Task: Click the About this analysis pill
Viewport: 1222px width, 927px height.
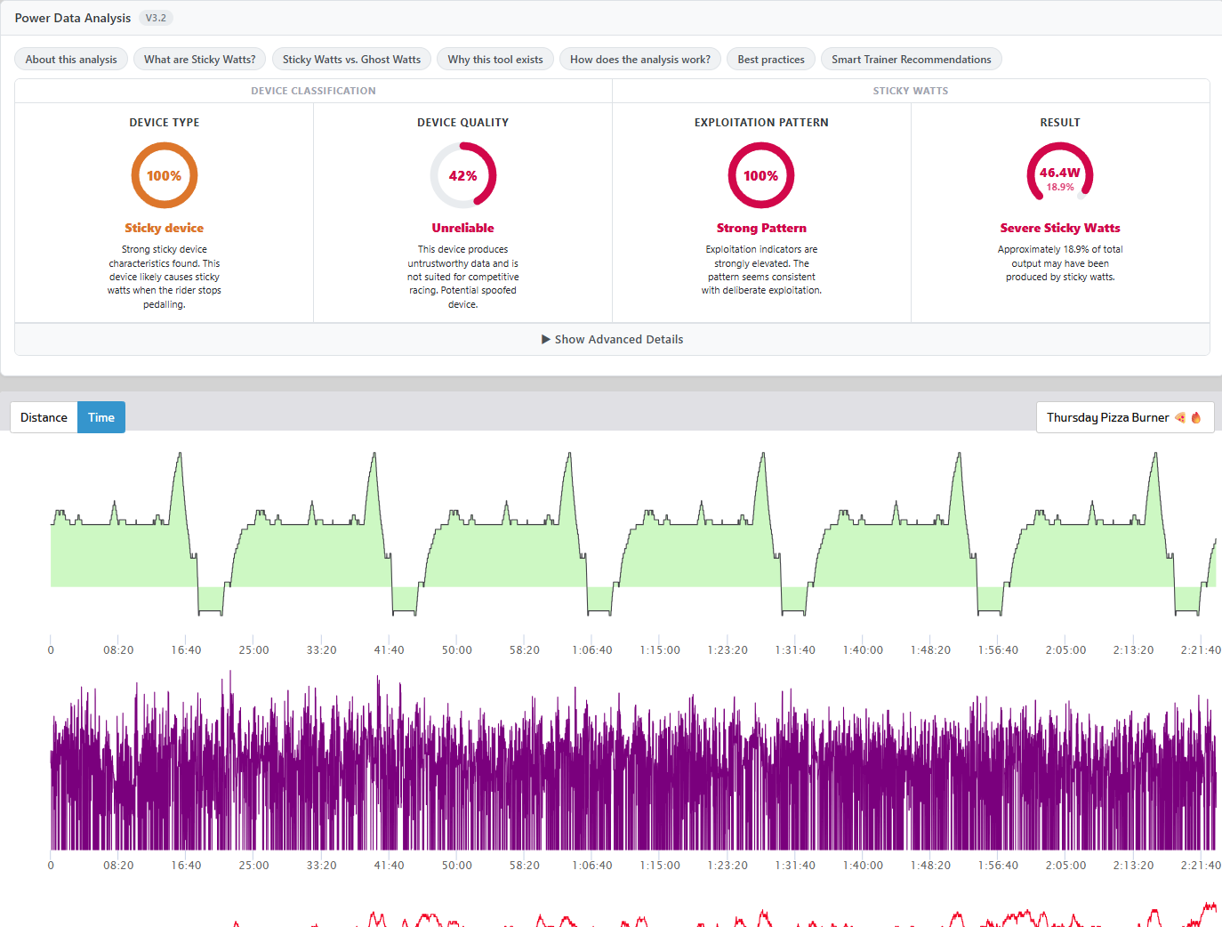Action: coord(70,60)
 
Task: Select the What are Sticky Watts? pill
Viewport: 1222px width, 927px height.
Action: coord(199,60)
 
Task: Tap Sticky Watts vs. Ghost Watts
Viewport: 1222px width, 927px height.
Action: coord(351,60)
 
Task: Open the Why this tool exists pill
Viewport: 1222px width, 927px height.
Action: coord(494,60)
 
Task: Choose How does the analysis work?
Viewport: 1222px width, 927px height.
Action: coord(639,60)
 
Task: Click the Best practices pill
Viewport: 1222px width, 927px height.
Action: coord(770,60)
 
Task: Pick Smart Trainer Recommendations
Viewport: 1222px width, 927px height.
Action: coord(911,60)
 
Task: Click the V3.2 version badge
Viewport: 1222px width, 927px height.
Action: coord(156,18)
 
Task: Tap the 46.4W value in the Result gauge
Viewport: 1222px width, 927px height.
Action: coord(1059,173)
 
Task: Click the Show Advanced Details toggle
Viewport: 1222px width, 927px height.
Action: coord(612,339)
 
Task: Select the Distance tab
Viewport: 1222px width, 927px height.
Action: coord(44,417)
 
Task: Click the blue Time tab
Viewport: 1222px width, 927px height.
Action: coord(100,417)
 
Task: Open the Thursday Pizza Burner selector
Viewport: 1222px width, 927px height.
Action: coord(1124,417)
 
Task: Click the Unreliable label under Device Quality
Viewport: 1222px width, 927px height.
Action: coord(462,228)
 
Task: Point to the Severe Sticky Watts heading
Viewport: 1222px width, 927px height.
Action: coord(1060,228)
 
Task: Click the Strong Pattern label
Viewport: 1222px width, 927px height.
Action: coord(761,228)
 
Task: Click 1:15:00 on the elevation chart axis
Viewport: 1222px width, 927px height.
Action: coord(660,649)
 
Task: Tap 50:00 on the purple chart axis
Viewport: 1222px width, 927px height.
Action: coord(456,866)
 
